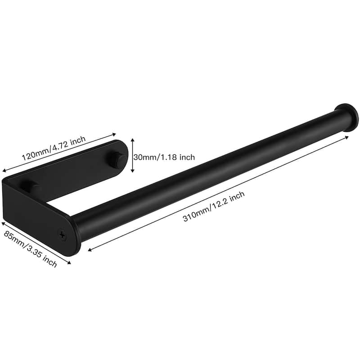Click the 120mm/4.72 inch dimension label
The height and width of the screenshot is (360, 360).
pos(54,148)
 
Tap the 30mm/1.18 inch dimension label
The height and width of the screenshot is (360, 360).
pos(164,157)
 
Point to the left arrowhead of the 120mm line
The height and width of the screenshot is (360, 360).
pos(4,170)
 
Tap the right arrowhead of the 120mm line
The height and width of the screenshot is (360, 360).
pos(116,133)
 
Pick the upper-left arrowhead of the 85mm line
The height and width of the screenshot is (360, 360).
pos(4,222)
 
